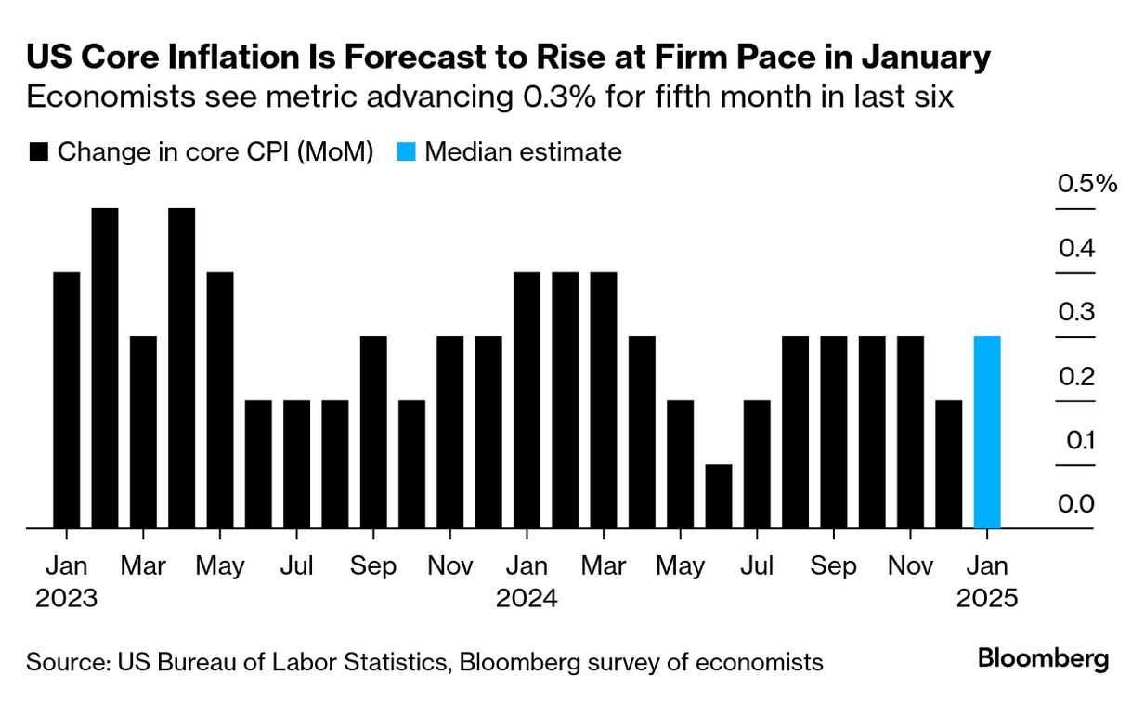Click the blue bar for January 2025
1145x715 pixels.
[987, 433]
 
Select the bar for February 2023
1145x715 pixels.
[105, 369]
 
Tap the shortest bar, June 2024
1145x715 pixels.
[719, 497]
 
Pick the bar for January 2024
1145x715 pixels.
[527, 400]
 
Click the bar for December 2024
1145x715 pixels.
[949, 464]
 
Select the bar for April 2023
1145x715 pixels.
[182, 369]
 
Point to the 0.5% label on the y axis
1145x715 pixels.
[1086, 184]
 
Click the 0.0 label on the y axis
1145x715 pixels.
[1076, 505]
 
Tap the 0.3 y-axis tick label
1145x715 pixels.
[1076, 312]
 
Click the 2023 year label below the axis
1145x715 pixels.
[66, 598]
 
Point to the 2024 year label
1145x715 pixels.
[527, 598]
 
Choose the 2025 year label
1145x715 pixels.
[987, 598]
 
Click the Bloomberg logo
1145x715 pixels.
[1043, 660]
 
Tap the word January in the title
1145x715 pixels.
[914, 58]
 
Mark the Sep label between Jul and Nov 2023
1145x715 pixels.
[373, 565]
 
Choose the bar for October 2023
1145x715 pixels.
[411, 464]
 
